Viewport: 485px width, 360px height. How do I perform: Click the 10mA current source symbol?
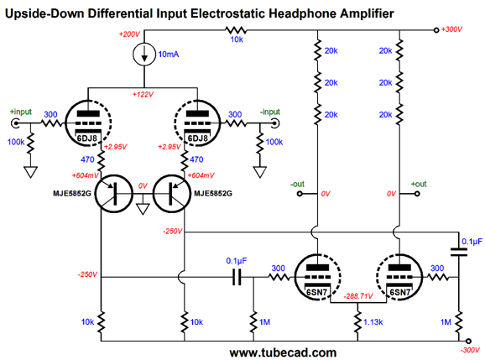click(144, 55)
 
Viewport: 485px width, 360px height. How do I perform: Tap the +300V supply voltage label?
click(451, 29)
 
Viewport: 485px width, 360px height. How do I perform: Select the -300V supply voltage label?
click(470, 351)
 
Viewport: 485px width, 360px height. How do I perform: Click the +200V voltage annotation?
click(129, 34)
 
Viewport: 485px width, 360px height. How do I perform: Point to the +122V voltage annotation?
click(143, 94)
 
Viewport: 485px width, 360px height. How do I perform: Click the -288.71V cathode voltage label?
click(358, 296)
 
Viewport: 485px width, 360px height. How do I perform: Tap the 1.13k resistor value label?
click(373, 322)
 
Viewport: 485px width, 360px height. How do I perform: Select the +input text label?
click(21, 112)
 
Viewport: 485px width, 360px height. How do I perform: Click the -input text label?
click(269, 112)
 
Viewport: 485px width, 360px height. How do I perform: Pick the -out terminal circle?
click(300, 194)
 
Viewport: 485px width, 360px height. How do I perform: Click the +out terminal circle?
click(417, 194)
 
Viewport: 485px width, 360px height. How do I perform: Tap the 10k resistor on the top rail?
click(236, 30)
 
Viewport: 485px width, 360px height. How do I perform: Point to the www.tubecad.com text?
click(283, 352)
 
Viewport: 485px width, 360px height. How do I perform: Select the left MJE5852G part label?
click(72, 194)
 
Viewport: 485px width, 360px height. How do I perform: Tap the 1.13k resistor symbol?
click(357, 322)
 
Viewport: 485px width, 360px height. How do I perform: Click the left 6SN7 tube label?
click(316, 293)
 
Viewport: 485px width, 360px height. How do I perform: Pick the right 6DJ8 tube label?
click(198, 138)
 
